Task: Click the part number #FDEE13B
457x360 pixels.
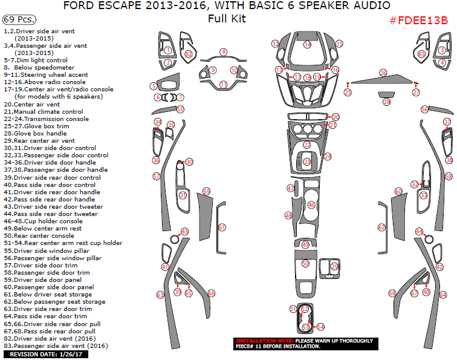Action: pyautogui.click(x=419, y=20)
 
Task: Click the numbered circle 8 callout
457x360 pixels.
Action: pyautogui.click(x=223, y=52)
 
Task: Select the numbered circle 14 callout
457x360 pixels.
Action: pyautogui.click(x=308, y=44)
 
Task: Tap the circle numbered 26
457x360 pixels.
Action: pyautogui.click(x=383, y=73)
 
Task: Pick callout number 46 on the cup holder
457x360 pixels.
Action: pyautogui.click(x=311, y=205)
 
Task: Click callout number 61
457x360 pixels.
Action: pyautogui.click(x=222, y=227)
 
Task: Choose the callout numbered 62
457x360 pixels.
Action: pyautogui.click(x=381, y=227)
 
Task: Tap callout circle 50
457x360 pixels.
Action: pyautogui.click(x=305, y=264)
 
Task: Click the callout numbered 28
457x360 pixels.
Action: pyautogui.click(x=386, y=102)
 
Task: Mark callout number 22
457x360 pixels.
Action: pyautogui.click(x=307, y=145)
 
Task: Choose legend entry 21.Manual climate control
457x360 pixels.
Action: pyautogui.click(x=43, y=111)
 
